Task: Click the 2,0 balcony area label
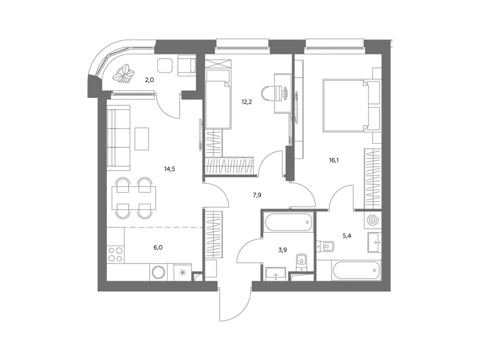[x=149, y=80]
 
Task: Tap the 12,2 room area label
[x=246, y=102]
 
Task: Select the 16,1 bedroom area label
[x=334, y=160]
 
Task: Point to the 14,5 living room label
[x=169, y=168]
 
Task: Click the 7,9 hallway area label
[x=257, y=195]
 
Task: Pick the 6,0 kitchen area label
[x=158, y=247]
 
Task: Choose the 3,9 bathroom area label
[x=282, y=250]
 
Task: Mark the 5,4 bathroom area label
[x=347, y=235]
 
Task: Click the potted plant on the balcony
[x=123, y=74]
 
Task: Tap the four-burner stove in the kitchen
[x=115, y=254]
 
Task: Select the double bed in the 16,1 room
[x=351, y=105]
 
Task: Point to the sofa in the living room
[x=119, y=138]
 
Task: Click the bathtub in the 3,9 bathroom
[x=288, y=222]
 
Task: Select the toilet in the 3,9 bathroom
[x=301, y=262]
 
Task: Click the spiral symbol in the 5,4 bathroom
[x=373, y=220]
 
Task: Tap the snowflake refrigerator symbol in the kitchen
[x=183, y=272]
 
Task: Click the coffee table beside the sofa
[x=141, y=139]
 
